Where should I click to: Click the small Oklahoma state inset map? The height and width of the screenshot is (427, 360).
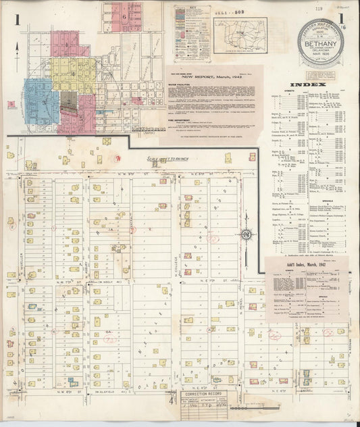(240, 31)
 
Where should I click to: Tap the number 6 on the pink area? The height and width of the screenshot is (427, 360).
(124, 15)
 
